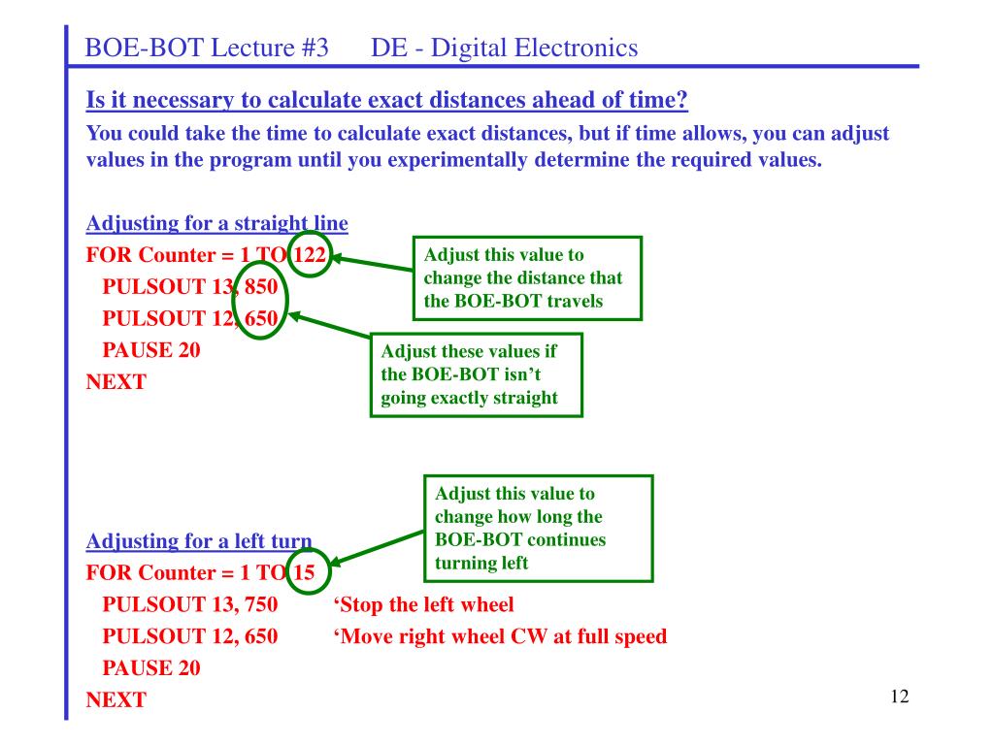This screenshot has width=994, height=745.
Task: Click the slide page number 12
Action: click(x=900, y=696)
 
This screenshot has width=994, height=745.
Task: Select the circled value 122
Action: click(x=310, y=255)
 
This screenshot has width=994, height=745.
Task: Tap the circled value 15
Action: click(x=304, y=572)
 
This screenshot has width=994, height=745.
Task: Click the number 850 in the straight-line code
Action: click(x=261, y=286)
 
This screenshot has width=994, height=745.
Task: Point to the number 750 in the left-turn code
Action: click(x=261, y=604)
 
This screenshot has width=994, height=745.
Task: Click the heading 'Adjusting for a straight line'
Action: click(x=216, y=224)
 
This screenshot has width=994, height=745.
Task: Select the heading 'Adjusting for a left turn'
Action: click(x=199, y=541)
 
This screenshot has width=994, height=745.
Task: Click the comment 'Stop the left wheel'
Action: click(x=423, y=604)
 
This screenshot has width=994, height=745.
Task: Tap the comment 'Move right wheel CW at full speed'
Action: click(x=500, y=636)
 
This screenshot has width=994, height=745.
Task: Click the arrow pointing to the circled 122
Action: click(x=372, y=264)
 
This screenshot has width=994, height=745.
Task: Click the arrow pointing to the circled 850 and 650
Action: click(x=330, y=325)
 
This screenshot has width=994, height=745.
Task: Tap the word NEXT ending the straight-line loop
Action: click(x=116, y=381)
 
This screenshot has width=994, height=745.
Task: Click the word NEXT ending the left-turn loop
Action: click(x=116, y=699)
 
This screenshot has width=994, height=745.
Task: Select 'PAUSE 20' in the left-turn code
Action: click(x=151, y=667)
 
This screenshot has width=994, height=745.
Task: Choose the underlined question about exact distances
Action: click(x=386, y=100)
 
